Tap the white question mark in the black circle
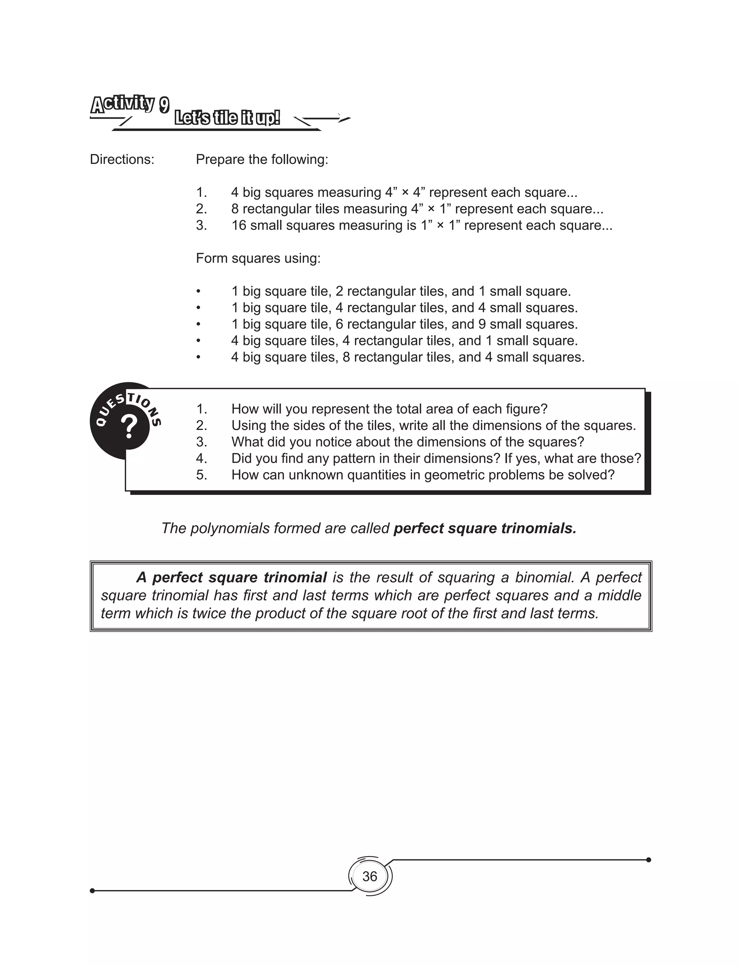pos(129,427)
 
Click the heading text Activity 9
pos(130,105)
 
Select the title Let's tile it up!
pos(227,118)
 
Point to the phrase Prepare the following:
pos(262,159)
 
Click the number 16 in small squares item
pos(239,225)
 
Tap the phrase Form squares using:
pos(258,258)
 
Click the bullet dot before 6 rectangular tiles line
pos(199,324)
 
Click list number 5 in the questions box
pos(201,475)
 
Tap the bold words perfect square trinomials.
pos(485,528)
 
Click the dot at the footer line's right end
pos(648,860)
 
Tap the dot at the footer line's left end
pos(92,891)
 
